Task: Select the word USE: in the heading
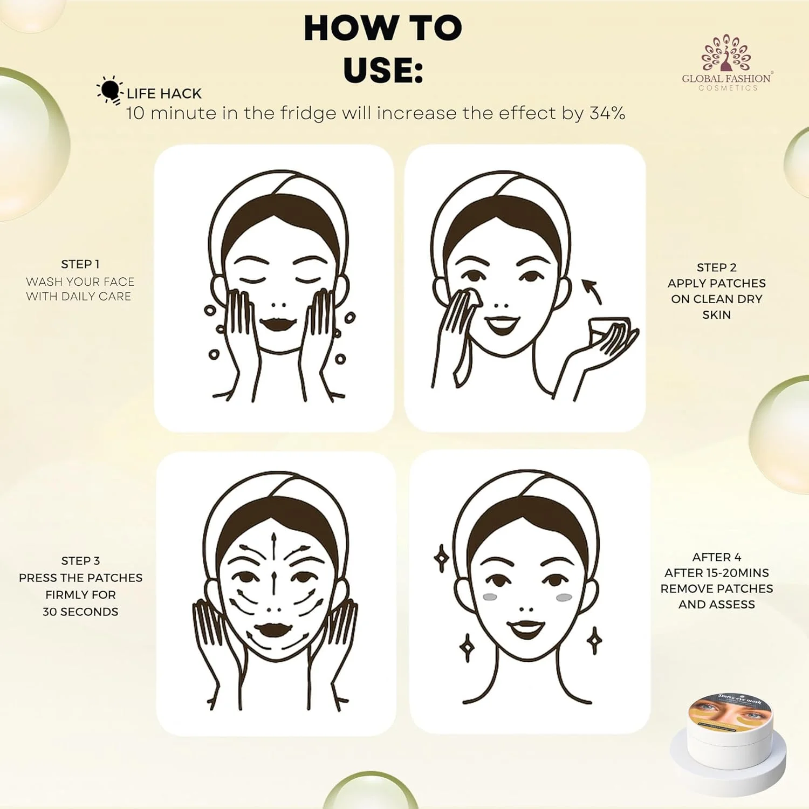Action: (383, 70)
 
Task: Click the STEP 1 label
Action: (80, 264)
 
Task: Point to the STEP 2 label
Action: (716, 268)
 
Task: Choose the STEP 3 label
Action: (80, 561)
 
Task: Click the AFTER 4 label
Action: (717, 557)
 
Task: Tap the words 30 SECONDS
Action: (80, 612)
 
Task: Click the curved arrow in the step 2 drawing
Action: (592, 291)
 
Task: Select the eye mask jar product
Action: (728, 734)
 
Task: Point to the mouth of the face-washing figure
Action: (278, 325)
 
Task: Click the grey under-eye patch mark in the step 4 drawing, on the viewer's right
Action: (564, 598)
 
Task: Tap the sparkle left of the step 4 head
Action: (442, 558)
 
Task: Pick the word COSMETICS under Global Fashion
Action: (728, 88)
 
